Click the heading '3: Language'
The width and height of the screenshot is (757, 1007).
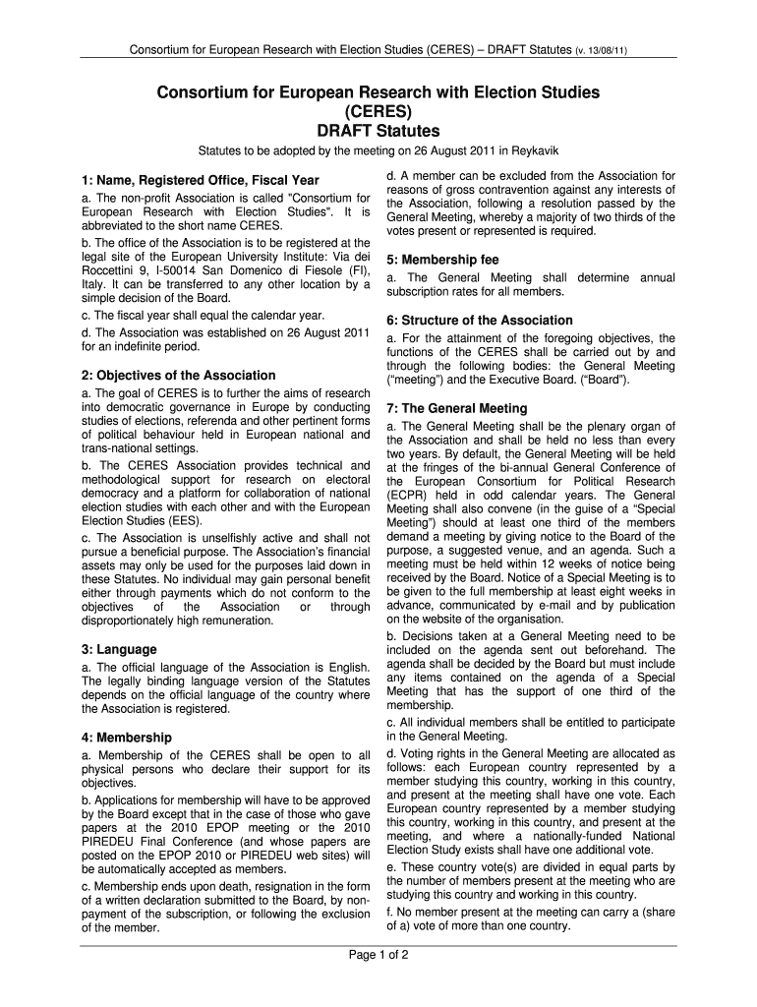tap(119, 649)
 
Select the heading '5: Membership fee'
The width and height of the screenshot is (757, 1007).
tap(442, 260)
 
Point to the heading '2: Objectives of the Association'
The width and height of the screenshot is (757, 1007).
tap(179, 375)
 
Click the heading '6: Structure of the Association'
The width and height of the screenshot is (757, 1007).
tap(480, 320)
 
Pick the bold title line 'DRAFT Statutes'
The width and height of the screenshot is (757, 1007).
tap(378, 131)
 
